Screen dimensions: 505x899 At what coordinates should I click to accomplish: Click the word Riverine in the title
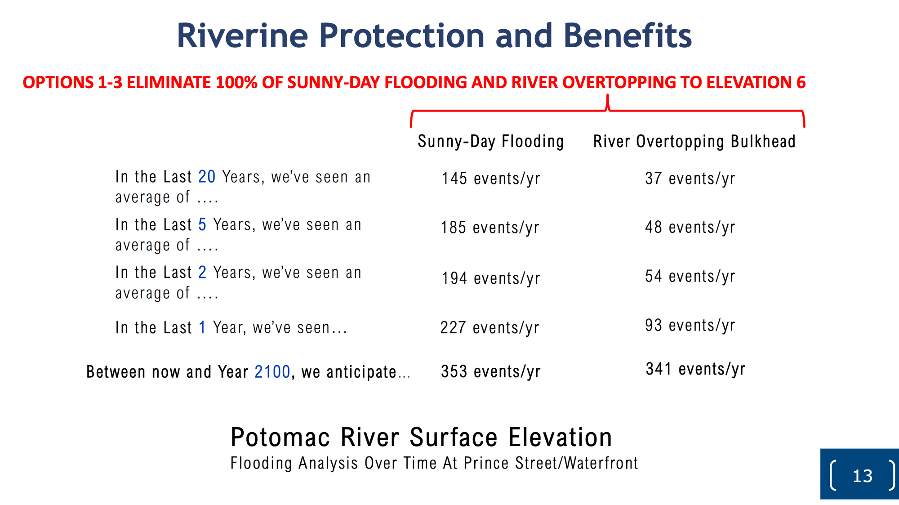click(242, 36)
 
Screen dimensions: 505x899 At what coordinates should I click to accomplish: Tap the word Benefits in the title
click(628, 36)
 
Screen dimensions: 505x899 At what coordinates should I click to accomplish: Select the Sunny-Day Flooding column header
click(491, 142)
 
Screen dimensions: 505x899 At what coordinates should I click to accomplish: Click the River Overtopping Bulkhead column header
click(694, 142)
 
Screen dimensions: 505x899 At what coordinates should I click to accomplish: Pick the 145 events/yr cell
click(490, 179)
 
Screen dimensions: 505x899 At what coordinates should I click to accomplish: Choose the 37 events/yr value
click(690, 179)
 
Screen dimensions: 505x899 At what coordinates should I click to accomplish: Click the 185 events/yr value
click(490, 228)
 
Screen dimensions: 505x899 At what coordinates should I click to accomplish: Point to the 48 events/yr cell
click(690, 228)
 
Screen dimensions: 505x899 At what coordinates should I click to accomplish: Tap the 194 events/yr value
click(490, 279)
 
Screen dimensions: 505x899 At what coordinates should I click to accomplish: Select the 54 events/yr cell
click(690, 277)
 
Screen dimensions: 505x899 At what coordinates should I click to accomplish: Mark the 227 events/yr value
click(490, 328)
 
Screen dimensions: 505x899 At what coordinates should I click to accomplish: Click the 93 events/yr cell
click(690, 326)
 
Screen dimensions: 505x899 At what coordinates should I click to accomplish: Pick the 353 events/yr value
click(490, 372)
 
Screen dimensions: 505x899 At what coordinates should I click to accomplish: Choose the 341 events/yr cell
click(695, 369)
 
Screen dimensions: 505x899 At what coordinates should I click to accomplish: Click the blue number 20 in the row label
click(207, 177)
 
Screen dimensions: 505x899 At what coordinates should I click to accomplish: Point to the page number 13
click(862, 476)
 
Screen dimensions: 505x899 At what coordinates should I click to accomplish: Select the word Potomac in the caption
click(280, 438)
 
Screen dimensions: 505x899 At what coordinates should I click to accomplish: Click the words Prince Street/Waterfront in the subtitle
click(551, 463)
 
